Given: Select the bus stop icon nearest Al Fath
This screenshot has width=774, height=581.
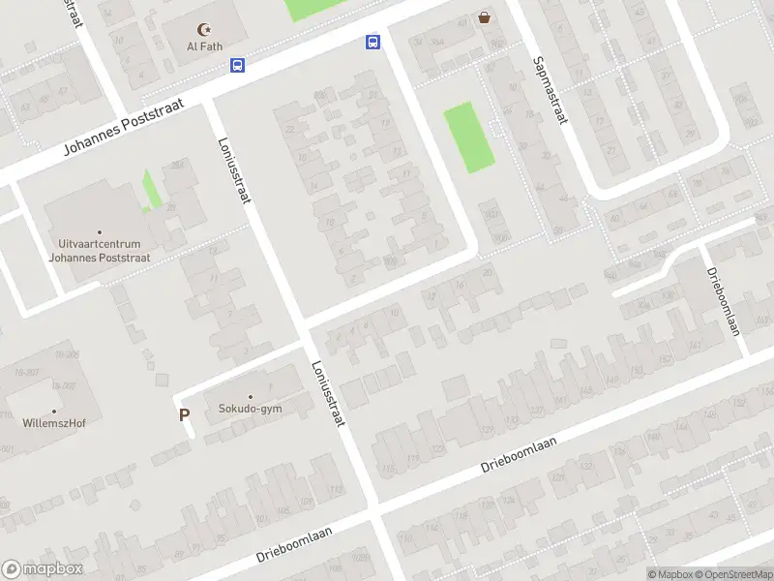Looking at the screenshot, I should pos(237,66).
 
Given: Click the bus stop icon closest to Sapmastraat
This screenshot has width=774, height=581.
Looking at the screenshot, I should pos(372,42).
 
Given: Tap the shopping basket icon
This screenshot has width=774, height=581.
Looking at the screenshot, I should pos(484,17).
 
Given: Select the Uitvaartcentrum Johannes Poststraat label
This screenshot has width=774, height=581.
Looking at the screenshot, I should pos(100,251).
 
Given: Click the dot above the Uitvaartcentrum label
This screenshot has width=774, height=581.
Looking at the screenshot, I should pos(100,232).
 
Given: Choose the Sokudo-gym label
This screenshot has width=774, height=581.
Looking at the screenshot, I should pos(251,410).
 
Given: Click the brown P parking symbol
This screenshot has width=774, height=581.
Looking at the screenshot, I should pos(184,415).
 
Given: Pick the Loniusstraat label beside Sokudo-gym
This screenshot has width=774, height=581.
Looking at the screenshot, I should pos(328,396).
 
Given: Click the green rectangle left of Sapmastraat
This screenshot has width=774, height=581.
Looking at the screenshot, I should pos(469,138).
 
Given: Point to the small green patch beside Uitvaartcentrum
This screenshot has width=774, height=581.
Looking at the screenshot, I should pos(151,189).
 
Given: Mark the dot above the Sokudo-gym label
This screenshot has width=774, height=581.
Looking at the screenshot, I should pos(251,396).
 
